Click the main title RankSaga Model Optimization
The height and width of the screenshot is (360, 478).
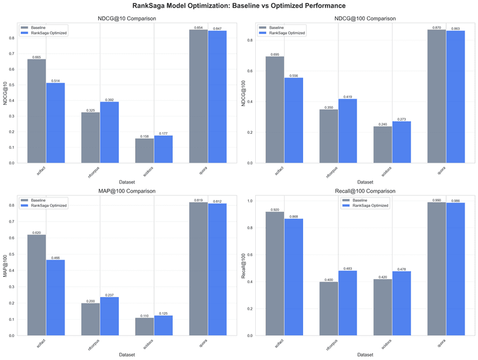click(239, 6)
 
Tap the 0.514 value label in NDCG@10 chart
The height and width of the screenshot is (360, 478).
click(55, 81)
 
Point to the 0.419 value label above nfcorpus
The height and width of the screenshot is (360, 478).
click(348, 97)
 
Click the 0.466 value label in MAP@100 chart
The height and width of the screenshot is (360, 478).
click(55, 258)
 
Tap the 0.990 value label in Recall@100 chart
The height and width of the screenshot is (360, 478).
click(437, 200)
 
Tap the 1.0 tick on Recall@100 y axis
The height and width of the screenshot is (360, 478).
click(251, 201)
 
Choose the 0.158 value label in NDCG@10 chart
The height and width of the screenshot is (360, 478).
click(144, 136)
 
